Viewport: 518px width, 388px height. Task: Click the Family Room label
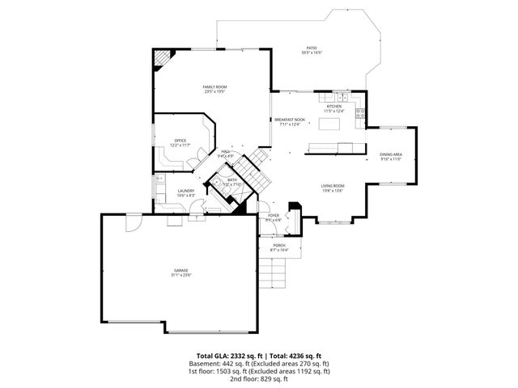[214, 86]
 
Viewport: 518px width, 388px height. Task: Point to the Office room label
[180, 141]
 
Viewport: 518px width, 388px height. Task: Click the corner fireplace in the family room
[164, 58]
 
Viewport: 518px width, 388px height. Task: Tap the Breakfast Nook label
[289, 120]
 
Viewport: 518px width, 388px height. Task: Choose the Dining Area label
[392, 154]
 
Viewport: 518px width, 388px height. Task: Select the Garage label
[180, 270]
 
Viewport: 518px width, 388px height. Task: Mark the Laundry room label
[185, 191]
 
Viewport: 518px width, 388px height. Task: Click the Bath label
[232, 179]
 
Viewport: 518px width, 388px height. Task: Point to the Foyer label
[273, 215]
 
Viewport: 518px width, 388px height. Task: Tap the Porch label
[278, 245]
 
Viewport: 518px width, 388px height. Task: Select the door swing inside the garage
[133, 224]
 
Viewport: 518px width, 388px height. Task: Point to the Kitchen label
[334, 106]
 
